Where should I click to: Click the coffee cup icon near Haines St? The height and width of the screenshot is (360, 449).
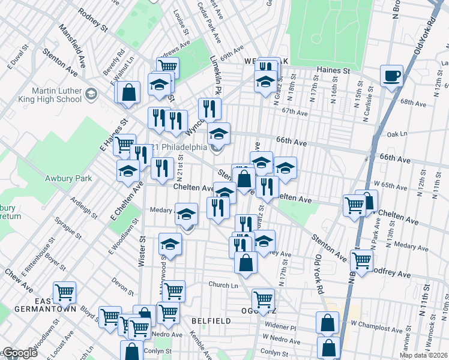[x=391, y=76]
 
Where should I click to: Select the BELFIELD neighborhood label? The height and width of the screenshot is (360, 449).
[x=211, y=321]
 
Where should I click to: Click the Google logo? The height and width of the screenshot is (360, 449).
[x=20, y=353]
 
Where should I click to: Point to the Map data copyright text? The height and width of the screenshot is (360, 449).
[x=424, y=355]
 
